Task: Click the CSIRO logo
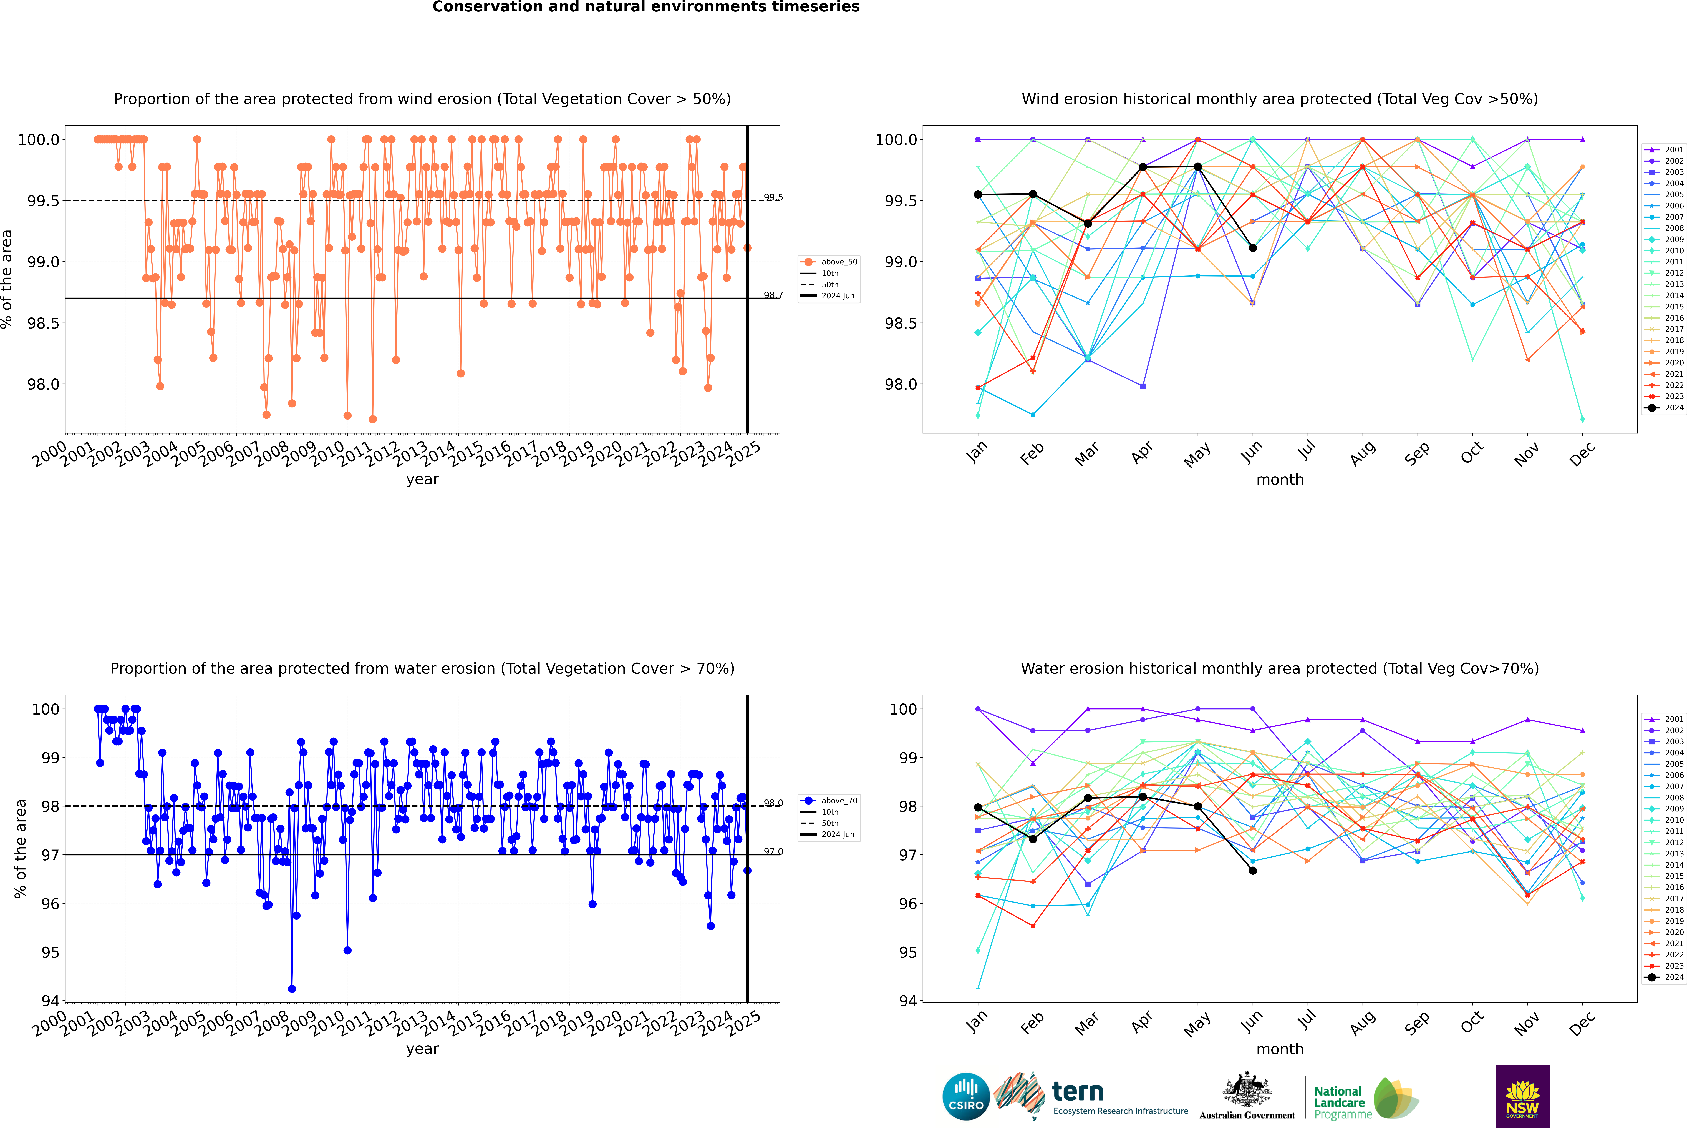(x=966, y=1096)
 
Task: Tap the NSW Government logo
(x=1522, y=1096)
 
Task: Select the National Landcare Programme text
(x=1339, y=1102)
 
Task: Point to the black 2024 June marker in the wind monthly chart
(x=1253, y=248)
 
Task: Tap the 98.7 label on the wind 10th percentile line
(x=773, y=295)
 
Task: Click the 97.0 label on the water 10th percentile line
(x=773, y=852)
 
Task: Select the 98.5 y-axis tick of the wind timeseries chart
(x=43, y=323)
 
